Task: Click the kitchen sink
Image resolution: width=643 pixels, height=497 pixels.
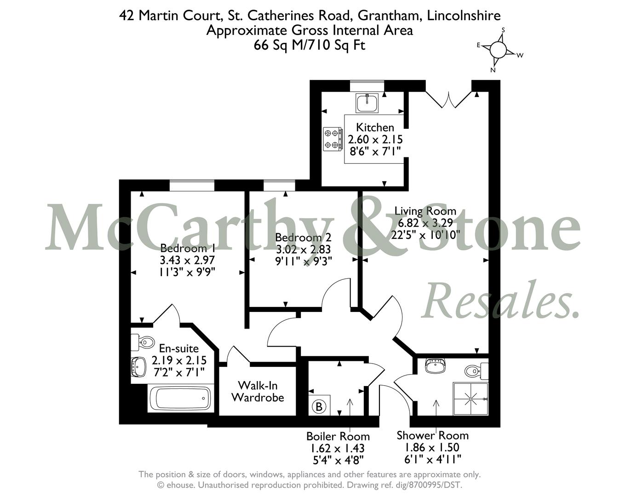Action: click(367, 103)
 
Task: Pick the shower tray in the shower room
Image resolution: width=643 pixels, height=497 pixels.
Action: click(471, 399)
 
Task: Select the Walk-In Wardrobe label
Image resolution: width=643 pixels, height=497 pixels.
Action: click(258, 391)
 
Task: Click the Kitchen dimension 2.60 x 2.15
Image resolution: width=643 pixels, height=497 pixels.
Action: click(375, 139)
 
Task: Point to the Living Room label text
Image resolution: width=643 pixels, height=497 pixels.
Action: click(425, 211)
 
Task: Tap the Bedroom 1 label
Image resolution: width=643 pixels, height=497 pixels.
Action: click(184, 248)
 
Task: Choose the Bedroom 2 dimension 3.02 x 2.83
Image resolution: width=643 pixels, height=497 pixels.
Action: click(303, 249)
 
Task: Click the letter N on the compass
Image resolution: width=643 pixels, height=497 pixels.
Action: click(493, 70)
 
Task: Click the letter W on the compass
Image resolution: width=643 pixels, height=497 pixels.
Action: click(520, 55)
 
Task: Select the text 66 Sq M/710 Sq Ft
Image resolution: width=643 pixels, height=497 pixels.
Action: click(310, 45)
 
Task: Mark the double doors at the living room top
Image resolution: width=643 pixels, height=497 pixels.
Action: click(448, 99)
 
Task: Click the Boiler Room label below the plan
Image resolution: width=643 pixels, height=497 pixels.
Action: click(338, 436)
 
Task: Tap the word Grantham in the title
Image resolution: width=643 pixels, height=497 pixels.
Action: click(390, 15)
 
